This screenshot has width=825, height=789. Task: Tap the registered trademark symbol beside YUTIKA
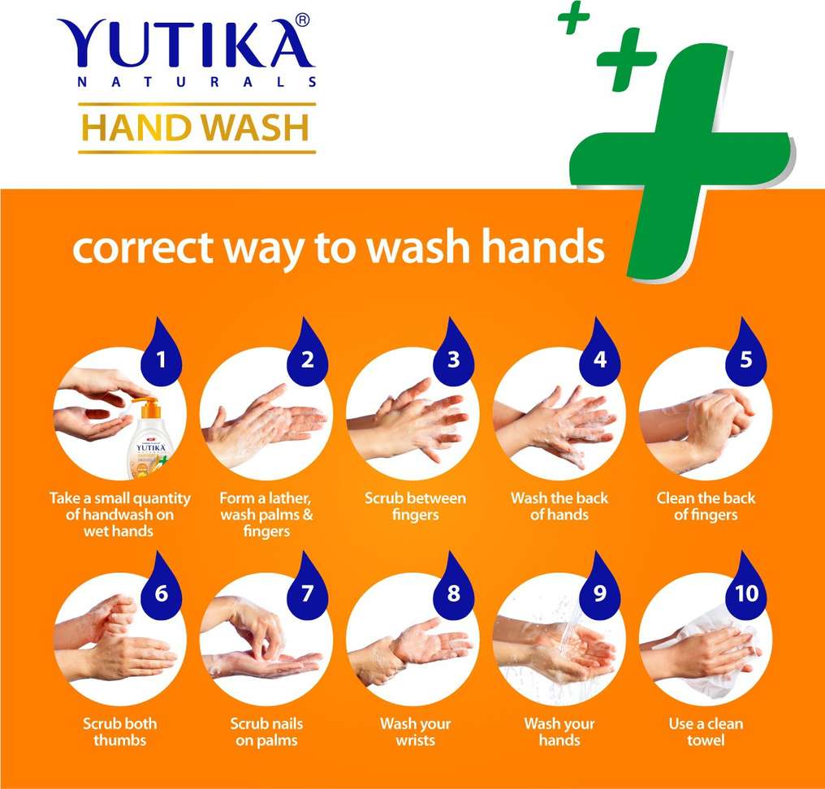tap(302, 20)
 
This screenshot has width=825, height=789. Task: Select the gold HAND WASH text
tap(196, 127)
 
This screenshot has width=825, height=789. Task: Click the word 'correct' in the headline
tap(143, 248)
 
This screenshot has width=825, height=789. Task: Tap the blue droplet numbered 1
tap(161, 352)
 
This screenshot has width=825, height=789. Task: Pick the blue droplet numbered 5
tap(745, 352)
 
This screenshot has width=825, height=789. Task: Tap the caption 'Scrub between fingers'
tap(415, 506)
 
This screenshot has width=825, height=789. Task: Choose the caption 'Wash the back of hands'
tap(559, 506)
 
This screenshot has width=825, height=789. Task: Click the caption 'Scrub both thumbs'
tap(120, 731)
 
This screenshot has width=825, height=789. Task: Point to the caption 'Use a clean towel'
tap(706, 731)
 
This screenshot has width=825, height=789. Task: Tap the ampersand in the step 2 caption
tap(307, 514)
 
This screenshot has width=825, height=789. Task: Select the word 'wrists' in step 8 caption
tap(415, 740)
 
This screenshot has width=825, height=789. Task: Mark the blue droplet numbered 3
tap(454, 352)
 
